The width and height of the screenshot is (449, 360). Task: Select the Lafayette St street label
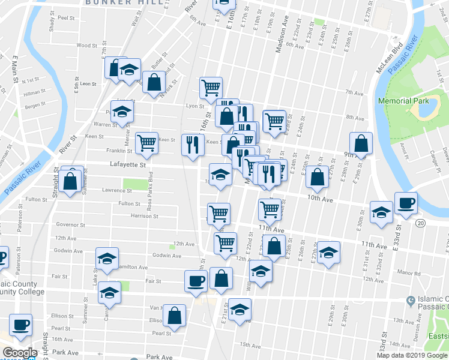pos(128,164)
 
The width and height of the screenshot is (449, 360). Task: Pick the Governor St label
pos(71,225)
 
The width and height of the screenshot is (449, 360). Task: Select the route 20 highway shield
pos(420,223)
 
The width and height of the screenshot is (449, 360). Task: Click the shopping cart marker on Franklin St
pos(146,143)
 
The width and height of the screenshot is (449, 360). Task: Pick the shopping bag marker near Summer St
pos(71,182)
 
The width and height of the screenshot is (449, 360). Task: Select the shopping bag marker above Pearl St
pos(175,315)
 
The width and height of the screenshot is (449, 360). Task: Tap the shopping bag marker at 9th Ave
pos(361,144)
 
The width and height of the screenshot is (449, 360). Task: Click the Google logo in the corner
pos(19,353)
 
